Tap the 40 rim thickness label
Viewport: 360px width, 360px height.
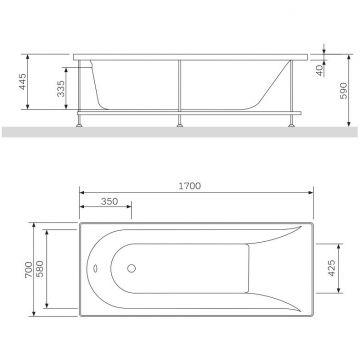coord(321,71)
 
